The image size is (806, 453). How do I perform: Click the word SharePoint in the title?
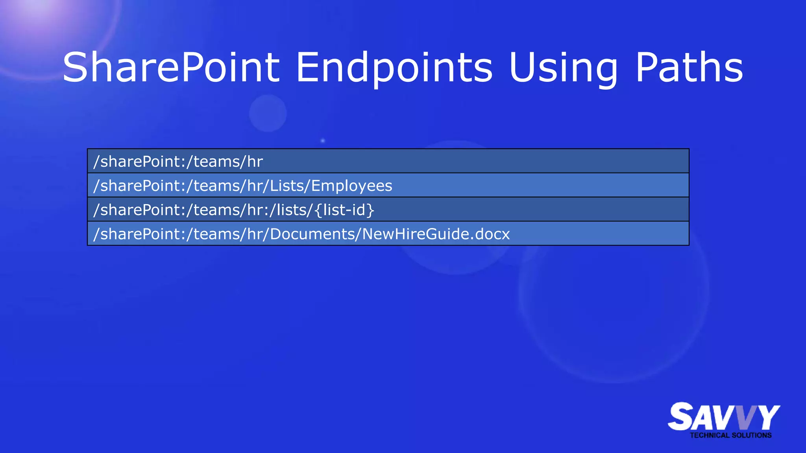[171, 68]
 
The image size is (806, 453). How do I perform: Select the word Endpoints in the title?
[394, 68]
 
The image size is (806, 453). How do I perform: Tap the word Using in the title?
[563, 68]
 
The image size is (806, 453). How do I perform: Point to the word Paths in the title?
[689, 68]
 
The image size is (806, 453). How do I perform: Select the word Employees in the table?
[351, 186]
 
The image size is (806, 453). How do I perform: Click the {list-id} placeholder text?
[345, 210]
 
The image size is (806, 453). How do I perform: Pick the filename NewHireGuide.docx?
[436, 234]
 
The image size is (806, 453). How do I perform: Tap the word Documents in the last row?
[313, 234]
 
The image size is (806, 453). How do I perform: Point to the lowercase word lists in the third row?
[293, 210]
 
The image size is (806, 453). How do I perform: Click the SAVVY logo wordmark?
[723, 417]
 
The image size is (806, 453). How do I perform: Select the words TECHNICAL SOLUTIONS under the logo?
[730, 435]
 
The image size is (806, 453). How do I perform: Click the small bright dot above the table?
[323, 140]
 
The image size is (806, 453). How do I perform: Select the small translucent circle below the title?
[268, 113]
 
